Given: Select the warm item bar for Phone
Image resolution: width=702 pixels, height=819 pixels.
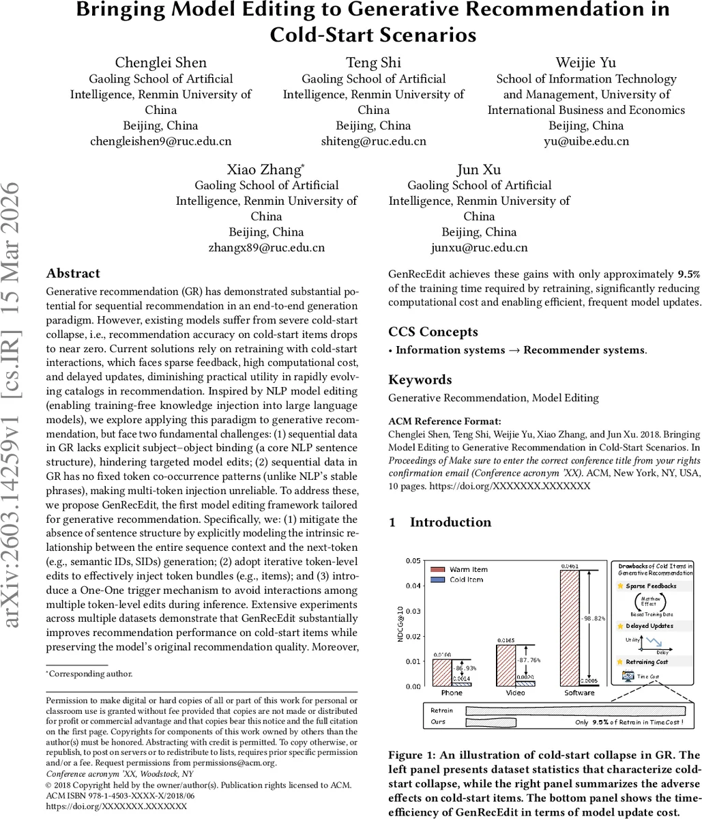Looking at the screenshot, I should pyautogui.click(x=442, y=672).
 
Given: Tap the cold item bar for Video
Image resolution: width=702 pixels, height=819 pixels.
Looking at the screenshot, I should pyautogui.click(x=525, y=683).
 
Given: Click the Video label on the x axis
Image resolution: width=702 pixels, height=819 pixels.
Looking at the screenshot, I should pyautogui.click(x=516, y=693).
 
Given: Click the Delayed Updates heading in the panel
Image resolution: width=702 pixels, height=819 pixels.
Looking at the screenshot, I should pyautogui.click(x=649, y=625).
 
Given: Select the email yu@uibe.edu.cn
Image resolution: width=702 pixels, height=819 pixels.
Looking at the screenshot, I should pyautogui.click(x=586, y=141).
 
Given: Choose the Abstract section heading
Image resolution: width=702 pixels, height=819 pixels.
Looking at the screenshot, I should pyautogui.click(x=73, y=274).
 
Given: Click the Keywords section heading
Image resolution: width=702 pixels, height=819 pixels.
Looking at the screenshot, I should pyautogui.click(x=420, y=379).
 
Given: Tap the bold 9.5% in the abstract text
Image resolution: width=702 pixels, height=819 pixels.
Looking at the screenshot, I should pyautogui.click(x=669, y=274).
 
